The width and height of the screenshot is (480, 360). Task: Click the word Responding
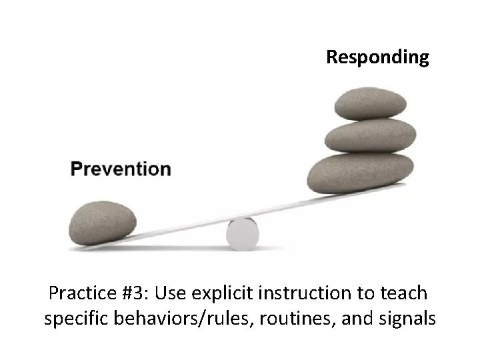click(x=377, y=57)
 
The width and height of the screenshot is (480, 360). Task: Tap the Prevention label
click(x=121, y=169)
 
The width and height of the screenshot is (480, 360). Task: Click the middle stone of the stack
click(x=370, y=136)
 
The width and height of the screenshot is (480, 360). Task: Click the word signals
click(x=406, y=319)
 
